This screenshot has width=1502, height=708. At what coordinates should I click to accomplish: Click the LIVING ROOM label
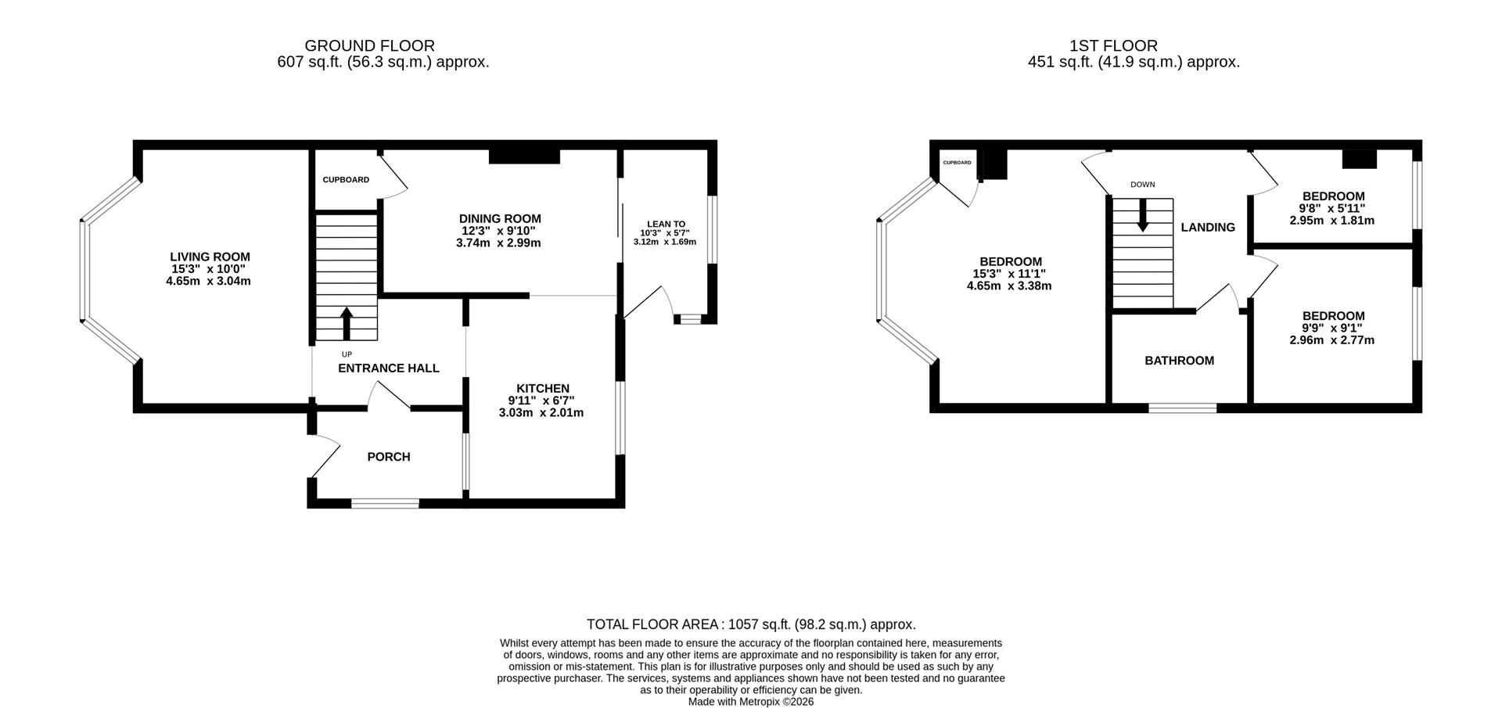tap(210, 257)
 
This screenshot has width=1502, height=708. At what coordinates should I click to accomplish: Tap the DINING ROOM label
tap(500, 219)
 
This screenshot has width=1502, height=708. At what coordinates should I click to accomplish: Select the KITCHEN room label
tap(543, 389)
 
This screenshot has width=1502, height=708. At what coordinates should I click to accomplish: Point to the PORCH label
tap(389, 457)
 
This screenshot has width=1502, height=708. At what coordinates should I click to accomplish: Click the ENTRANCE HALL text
tap(389, 368)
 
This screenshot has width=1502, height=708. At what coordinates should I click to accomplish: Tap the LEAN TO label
tap(667, 224)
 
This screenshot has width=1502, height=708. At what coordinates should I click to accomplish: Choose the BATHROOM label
tap(1180, 361)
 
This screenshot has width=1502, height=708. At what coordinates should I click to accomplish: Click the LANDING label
tap(1208, 228)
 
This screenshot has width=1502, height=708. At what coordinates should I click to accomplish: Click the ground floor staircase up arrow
tap(347, 323)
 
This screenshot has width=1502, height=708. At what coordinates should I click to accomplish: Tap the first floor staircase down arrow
tap(1143, 215)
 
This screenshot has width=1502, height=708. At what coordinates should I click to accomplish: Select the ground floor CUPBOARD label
tap(346, 180)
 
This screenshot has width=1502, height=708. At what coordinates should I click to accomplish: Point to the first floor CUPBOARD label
tap(958, 163)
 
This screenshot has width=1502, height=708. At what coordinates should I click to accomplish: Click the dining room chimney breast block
tap(524, 156)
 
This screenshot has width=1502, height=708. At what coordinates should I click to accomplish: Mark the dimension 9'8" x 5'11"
tap(1332, 209)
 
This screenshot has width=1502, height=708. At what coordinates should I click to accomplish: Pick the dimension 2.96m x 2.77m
tap(1332, 340)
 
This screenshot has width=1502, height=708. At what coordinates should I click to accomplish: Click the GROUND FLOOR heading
tap(370, 46)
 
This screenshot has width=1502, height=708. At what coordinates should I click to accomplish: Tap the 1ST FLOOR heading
tap(1114, 46)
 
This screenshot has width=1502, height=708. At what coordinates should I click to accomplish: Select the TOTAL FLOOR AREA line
tap(751, 624)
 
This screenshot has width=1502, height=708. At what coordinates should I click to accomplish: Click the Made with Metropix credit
tap(751, 702)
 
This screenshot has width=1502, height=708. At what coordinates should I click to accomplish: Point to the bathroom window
tap(1182, 408)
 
